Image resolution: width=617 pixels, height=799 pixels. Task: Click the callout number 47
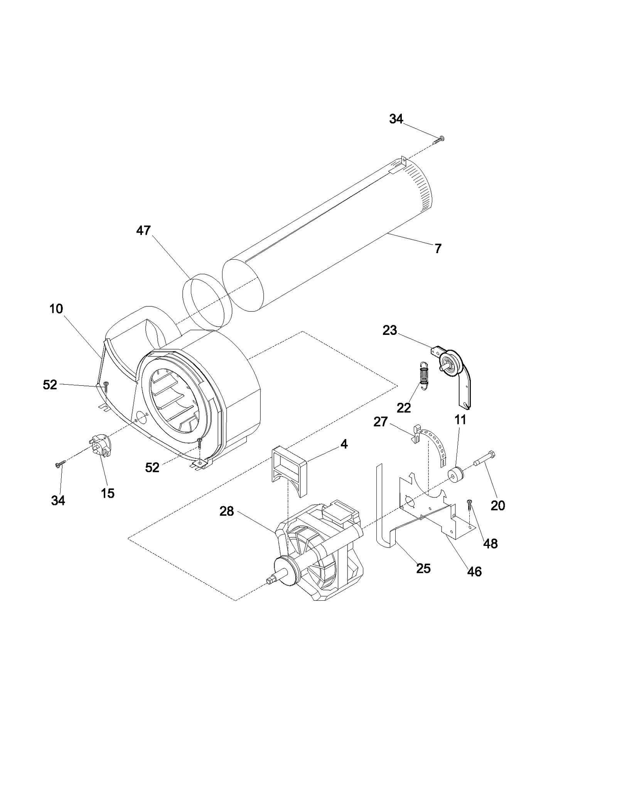(x=143, y=231)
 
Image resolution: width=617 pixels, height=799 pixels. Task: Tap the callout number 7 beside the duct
(x=438, y=249)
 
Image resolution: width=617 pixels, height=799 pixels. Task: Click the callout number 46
(x=474, y=571)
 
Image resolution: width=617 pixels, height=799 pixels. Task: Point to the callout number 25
(x=423, y=568)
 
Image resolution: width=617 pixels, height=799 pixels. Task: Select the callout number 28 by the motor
(x=227, y=511)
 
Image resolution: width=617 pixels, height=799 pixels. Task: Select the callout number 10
(x=56, y=309)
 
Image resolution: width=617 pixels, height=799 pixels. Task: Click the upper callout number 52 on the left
(x=50, y=385)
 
